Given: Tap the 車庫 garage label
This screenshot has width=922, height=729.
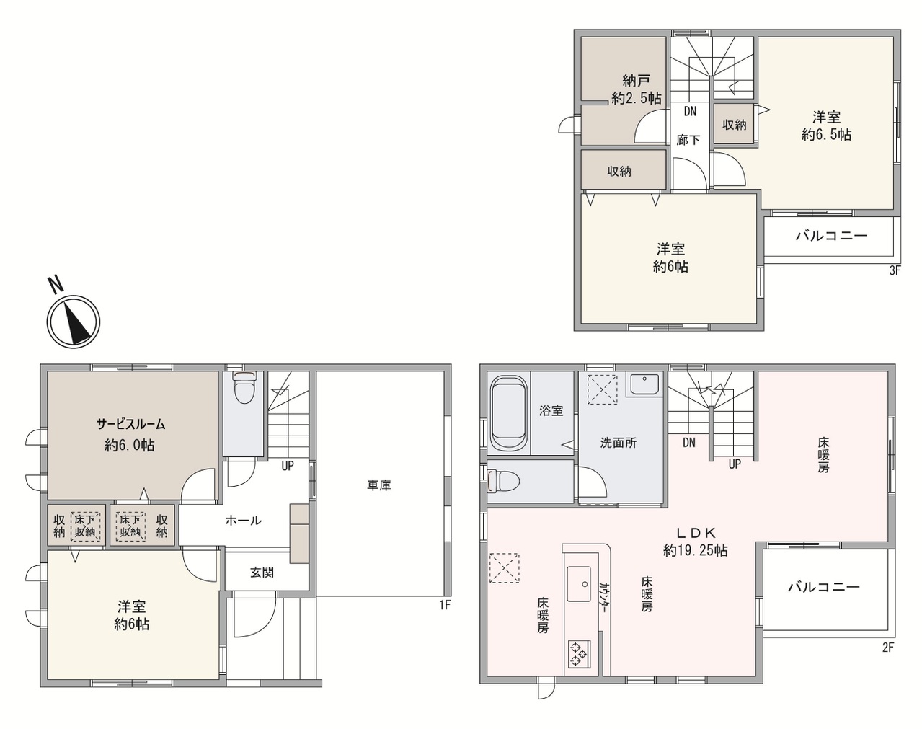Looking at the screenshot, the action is [379, 485].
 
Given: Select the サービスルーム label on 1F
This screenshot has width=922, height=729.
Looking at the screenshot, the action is [130, 424].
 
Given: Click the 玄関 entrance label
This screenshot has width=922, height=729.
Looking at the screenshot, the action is [262, 572].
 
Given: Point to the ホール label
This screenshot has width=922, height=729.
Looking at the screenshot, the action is [243, 521].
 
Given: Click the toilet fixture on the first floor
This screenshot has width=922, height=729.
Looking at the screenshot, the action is [244, 387].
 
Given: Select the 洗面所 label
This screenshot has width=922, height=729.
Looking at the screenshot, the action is [619, 443].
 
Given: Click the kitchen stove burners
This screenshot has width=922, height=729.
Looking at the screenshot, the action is [580, 654].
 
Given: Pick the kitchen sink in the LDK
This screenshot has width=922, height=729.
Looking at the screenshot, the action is [579, 584].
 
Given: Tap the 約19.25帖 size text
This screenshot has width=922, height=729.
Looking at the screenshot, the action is [696, 550].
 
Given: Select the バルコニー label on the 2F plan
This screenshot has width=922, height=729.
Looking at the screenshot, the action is [824, 587].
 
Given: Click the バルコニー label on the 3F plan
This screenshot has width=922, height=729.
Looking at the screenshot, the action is [832, 235].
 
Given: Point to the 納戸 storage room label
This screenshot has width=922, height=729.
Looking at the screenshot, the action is [637, 80].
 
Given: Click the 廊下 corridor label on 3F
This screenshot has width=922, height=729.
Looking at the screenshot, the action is [688, 140].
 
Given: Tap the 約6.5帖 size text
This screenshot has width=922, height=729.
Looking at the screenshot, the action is [826, 135].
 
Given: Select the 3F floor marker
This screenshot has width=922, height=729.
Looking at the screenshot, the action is [895, 270].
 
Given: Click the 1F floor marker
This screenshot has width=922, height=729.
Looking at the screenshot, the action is [445, 605].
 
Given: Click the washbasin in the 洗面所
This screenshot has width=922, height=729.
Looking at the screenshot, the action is [644, 384].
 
